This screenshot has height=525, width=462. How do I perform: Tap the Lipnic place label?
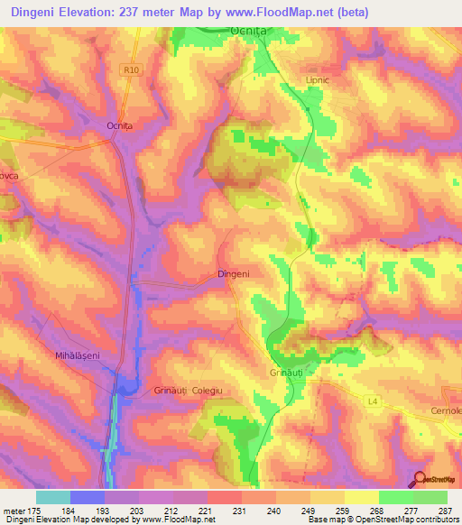[319, 79]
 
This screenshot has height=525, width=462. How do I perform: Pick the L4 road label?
[373, 400]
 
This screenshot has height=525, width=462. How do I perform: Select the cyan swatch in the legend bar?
[53, 497]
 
